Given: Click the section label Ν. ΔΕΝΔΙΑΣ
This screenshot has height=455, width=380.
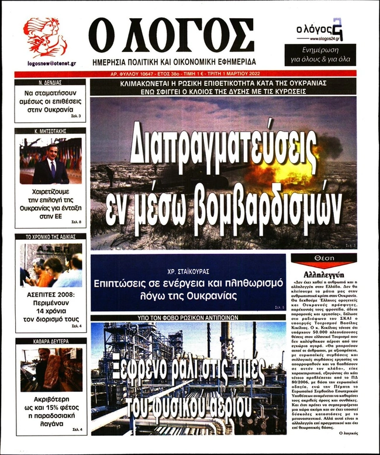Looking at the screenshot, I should coord(50,83).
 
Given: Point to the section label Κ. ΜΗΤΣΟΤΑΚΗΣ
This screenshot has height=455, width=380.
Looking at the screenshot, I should coord(50,131).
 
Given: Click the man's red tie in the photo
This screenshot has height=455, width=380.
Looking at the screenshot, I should coord(53,170).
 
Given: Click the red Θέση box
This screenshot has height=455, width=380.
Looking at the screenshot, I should coord(324,257).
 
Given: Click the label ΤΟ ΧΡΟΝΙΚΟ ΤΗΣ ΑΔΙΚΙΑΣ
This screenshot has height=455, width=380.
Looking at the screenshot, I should coord(50,237).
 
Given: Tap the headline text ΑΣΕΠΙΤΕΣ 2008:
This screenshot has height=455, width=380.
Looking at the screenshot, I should coord(50,295).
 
